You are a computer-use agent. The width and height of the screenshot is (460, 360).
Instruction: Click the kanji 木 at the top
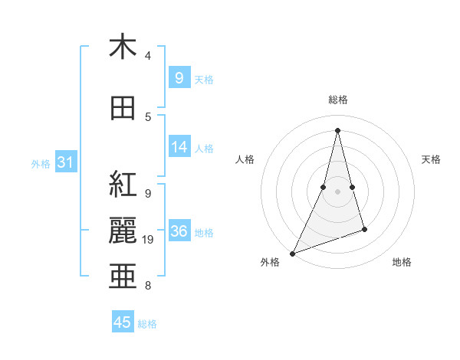coord(123,47)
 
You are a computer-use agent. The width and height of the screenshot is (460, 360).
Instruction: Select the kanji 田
coord(123,109)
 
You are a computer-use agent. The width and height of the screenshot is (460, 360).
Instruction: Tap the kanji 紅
coord(123,185)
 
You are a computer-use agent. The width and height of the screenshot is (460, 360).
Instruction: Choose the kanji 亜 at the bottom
coord(123,276)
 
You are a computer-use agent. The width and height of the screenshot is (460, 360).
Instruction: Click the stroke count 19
coord(149,240)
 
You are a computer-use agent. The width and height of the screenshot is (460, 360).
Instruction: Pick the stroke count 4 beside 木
coord(148,56)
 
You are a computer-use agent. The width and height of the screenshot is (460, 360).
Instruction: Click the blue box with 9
coord(179,77)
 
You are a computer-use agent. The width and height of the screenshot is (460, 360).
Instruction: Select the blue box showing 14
coord(179,146)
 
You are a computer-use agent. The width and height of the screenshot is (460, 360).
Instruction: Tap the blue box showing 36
coord(179,231)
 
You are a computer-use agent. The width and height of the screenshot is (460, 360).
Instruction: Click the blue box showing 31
coord(65,162)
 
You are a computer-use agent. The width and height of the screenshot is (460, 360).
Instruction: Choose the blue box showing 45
coord(123,322)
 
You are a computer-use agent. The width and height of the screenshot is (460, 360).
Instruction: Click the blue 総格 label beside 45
coord(147,324)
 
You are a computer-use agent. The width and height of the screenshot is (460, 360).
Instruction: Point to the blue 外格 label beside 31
coord(41,164)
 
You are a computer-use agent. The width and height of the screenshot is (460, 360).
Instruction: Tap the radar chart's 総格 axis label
coord(337,100)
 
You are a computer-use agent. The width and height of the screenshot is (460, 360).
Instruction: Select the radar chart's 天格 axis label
coord(432,159)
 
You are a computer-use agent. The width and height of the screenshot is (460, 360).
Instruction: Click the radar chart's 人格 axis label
coord(245,159)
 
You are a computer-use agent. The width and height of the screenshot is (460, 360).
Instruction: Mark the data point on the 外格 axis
coord(292,253)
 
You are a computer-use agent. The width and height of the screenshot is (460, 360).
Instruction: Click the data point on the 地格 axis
coord(364,229)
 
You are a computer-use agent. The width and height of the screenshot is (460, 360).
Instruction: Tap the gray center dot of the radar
coord(337,191)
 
